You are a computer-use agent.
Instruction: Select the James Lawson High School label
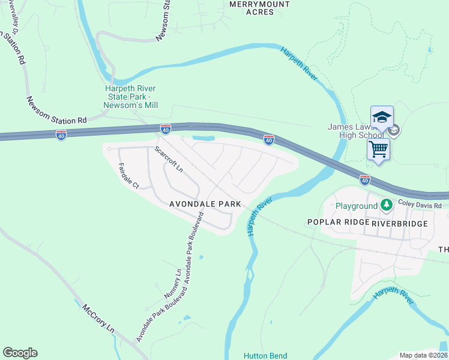[x=355, y=131]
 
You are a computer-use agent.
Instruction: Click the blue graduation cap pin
[x=382, y=118]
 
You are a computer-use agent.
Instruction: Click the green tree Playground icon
[x=387, y=206]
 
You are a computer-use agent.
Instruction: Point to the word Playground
[x=357, y=206]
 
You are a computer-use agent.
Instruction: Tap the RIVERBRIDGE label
[x=400, y=223]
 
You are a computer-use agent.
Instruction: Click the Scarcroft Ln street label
[x=169, y=160]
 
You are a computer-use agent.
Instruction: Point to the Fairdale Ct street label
[x=128, y=176]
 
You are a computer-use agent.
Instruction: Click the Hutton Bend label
[x=265, y=355]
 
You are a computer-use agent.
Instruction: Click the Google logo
[x=20, y=353]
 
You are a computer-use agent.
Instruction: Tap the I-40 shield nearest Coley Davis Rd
[x=365, y=179]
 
